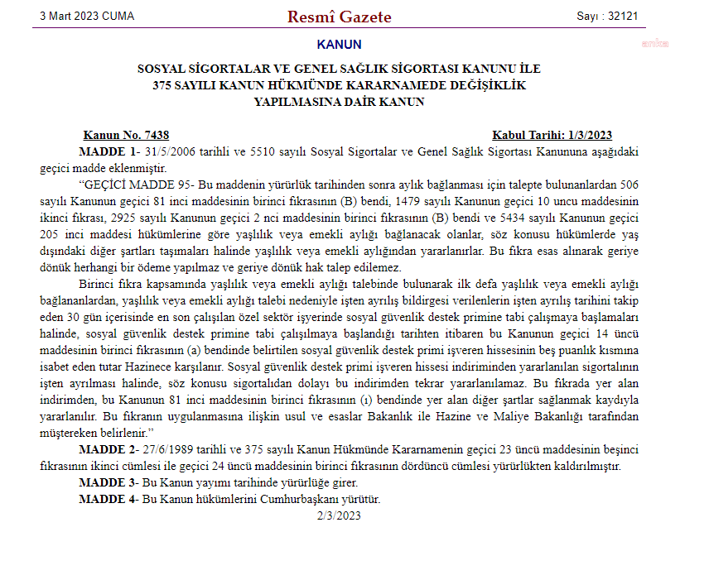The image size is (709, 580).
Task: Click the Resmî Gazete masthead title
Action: click(340, 17)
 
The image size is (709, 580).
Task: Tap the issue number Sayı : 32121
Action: click(607, 17)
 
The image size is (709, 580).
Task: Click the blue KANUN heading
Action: click(339, 45)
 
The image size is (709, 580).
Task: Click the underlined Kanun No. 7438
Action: click(126, 135)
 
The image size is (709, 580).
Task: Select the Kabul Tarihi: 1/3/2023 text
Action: click(552, 135)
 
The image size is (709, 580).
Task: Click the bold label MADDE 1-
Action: click(109, 151)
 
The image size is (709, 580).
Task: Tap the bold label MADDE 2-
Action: click(109, 449)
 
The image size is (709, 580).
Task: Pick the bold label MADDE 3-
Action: click(109, 482)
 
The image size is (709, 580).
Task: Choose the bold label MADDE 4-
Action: click(109, 499)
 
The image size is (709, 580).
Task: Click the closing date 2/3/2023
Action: click(339, 515)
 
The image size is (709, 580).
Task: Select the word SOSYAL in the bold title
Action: click(162, 69)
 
